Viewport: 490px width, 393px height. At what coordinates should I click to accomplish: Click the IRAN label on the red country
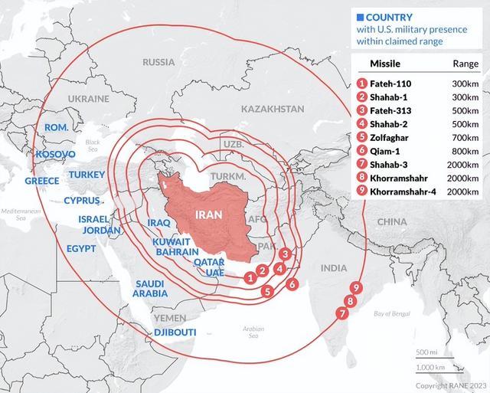pyautogui.click(x=209, y=215)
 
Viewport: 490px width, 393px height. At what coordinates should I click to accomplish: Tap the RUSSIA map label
pyautogui.click(x=158, y=62)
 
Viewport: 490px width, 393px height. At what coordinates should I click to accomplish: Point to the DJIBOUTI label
pyautogui.click(x=175, y=332)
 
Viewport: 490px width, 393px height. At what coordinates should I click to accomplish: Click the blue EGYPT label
pyautogui.click(x=81, y=249)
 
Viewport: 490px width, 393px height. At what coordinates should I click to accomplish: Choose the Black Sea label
pyautogui.click(x=93, y=146)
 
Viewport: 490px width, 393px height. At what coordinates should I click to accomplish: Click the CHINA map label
pyautogui.click(x=392, y=221)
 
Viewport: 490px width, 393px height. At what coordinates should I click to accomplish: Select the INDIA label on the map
pyautogui.click(x=333, y=268)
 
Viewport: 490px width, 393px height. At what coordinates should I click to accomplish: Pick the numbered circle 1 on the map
pyautogui.click(x=250, y=277)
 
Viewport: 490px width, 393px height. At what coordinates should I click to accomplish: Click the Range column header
pyautogui.click(x=465, y=64)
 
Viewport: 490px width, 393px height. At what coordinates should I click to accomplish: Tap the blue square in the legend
pyautogui.click(x=359, y=17)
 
